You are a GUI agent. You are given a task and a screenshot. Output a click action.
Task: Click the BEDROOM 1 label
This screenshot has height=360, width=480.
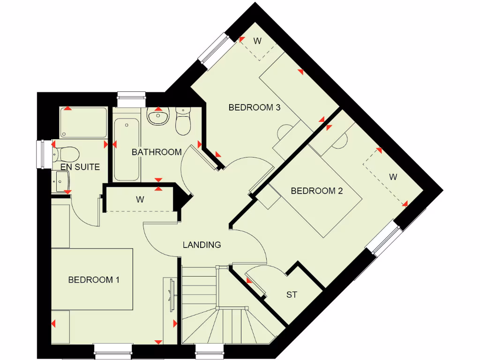[94, 280]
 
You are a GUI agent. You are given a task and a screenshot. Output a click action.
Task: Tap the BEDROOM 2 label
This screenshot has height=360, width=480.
[317, 191]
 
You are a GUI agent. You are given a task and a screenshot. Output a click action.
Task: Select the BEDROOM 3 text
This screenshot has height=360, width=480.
[254, 107]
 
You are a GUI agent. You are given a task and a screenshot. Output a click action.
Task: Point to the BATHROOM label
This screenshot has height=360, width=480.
[156, 152]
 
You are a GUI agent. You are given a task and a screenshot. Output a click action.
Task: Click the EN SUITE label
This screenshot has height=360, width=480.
[80, 166]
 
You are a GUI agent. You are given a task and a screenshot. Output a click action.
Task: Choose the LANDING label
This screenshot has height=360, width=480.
[202, 245]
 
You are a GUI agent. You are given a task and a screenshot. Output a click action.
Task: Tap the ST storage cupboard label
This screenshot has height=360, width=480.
[292, 295]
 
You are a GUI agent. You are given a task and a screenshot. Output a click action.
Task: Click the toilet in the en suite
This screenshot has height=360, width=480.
[66, 153]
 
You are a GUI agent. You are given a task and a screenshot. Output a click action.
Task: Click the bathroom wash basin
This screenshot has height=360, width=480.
[158, 116]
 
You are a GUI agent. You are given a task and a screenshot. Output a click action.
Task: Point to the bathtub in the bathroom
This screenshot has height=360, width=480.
[127, 149]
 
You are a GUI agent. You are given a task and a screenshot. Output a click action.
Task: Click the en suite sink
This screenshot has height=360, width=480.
[62, 181]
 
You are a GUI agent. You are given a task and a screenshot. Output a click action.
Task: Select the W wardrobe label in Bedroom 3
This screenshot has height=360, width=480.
[257, 41]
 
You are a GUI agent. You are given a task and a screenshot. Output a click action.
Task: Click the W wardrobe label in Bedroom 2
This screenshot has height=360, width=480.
[393, 177]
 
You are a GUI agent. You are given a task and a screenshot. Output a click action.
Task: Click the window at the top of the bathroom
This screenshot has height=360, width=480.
[132, 99]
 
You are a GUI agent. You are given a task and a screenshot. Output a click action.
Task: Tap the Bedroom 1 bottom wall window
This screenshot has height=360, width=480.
[113, 351]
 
